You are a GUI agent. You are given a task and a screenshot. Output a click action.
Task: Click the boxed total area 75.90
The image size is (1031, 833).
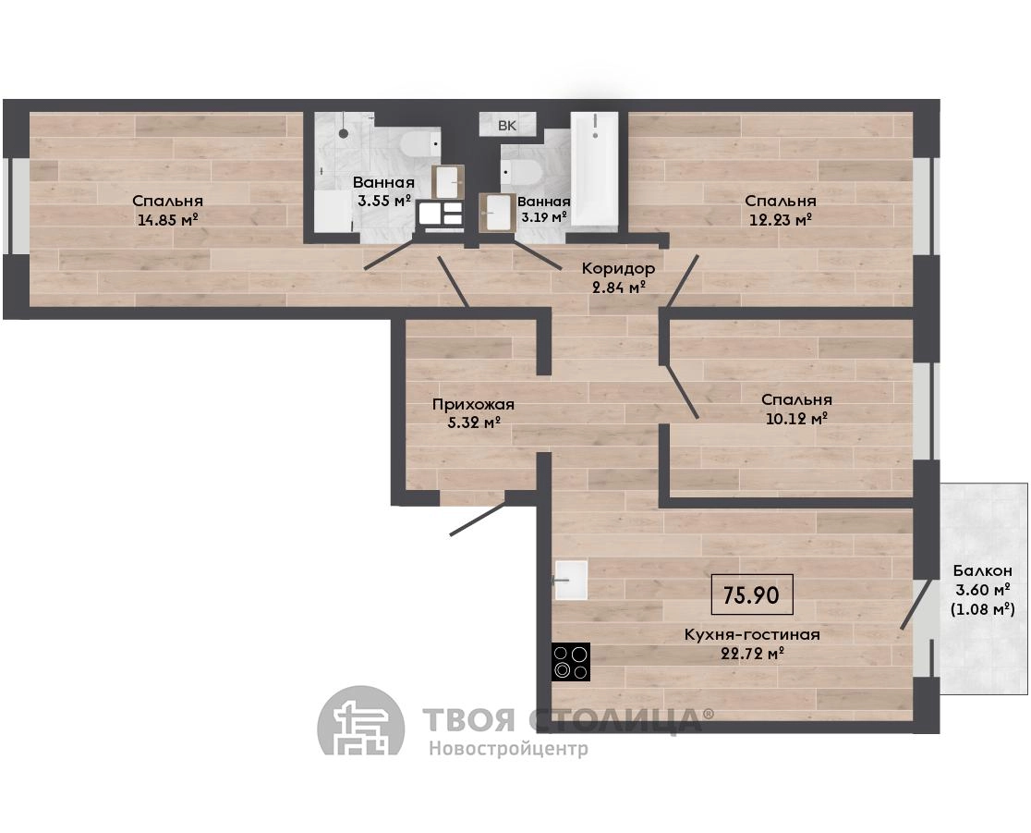tap(752, 594)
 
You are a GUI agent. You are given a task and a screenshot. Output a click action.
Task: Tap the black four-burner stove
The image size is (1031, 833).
tap(571, 661)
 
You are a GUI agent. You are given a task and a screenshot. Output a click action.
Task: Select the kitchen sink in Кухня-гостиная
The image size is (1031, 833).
tap(571, 580)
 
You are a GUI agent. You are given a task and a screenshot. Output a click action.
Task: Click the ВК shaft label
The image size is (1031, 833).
tap(507, 125)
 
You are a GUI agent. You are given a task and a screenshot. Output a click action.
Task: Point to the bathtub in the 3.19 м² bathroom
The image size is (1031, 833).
tap(594, 170)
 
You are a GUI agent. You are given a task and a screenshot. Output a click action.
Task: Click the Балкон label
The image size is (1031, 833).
tap(983, 570)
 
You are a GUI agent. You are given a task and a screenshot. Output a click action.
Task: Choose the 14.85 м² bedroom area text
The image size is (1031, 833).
tap(167, 220)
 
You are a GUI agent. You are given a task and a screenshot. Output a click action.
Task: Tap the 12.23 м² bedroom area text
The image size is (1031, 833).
tap(781, 220)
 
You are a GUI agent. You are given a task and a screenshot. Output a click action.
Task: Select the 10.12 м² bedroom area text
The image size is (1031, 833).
tap(796, 419)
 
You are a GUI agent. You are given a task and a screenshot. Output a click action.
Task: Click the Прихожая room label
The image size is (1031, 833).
tap(473, 405)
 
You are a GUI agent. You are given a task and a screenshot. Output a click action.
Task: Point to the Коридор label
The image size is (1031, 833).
tap(618, 268)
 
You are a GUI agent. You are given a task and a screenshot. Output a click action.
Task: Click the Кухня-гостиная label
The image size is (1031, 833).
tap(752, 635)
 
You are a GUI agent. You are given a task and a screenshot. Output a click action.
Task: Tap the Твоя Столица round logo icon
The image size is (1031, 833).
tap(361, 721)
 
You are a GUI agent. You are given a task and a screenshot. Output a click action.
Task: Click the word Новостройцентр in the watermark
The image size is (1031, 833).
tap(509, 749)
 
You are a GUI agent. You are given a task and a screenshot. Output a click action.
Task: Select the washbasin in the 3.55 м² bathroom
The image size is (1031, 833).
tap(448, 181)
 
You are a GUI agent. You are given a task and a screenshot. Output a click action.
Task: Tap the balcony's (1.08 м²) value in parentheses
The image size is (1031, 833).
tap(983, 609)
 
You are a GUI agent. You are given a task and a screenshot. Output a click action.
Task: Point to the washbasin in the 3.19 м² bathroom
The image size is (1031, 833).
tap(496, 212)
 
